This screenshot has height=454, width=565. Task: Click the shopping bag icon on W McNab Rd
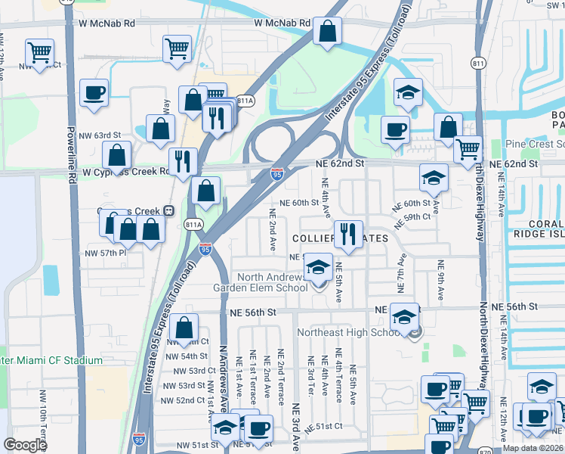(x=328, y=33)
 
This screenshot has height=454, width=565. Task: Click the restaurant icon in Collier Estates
(x=347, y=233)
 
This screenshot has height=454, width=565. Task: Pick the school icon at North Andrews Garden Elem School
(x=318, y=268)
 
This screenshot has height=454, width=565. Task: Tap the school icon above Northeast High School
(x=405, y=317)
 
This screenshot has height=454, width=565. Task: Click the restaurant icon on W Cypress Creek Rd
(x=183, y=162)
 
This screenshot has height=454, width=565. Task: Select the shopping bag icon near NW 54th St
(x=184, y=328)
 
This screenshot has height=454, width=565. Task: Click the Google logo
(x=25, y=445)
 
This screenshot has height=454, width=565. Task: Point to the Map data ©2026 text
(x=533, y=448)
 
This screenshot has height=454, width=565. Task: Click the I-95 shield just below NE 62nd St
(x=277, y=174)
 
